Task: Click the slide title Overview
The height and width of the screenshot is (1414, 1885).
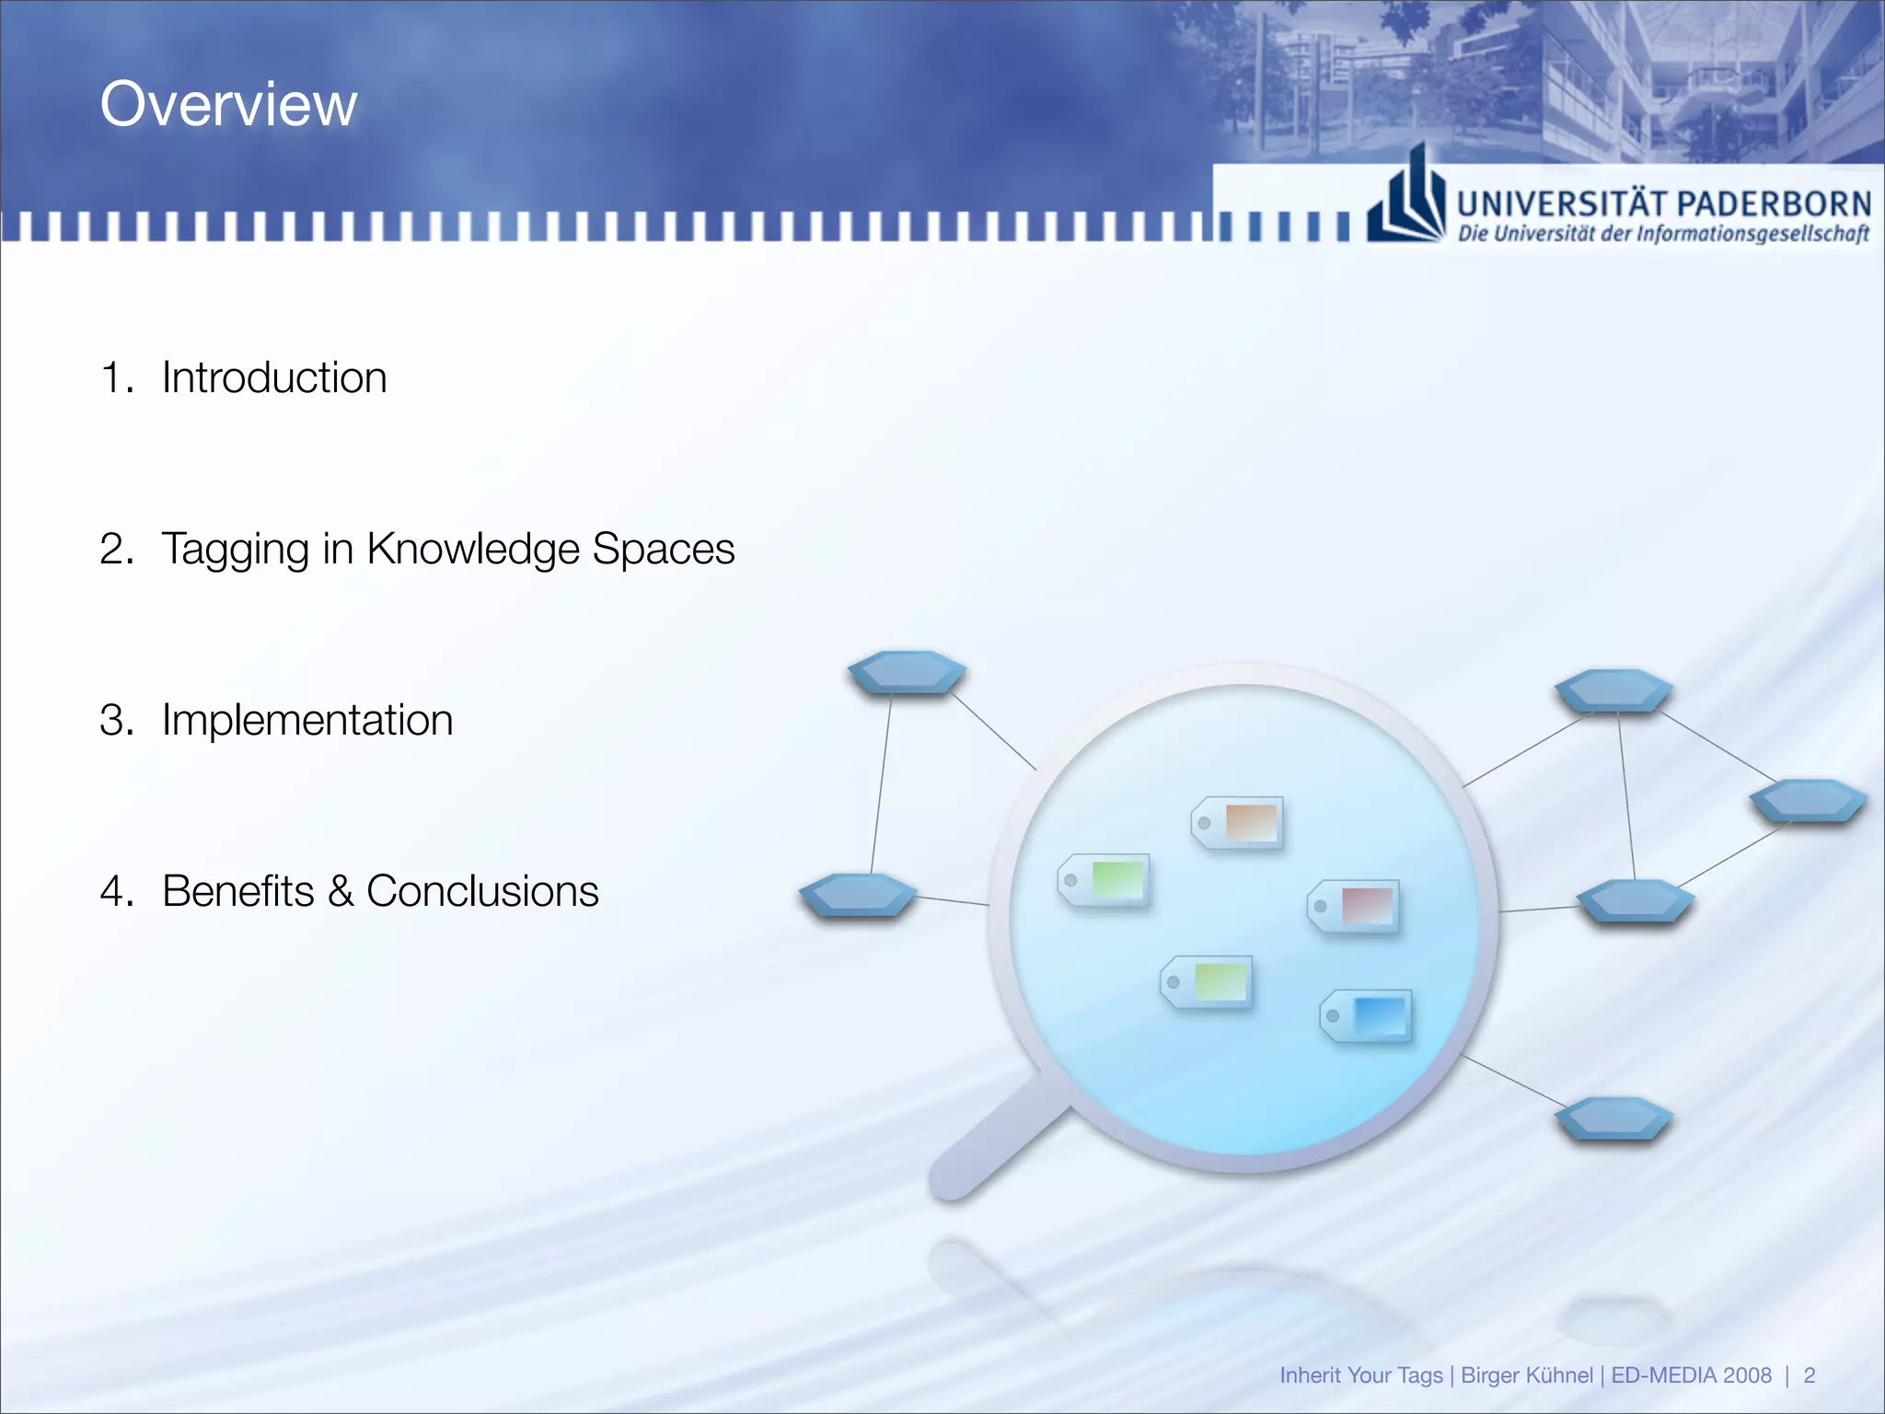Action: pos(228,104)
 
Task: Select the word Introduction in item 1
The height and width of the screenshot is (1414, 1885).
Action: pos(274,377)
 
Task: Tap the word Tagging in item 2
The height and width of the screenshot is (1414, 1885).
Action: pos(235,550)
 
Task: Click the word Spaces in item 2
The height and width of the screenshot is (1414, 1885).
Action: pos(663,549)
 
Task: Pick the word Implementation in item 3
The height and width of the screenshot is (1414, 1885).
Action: pos(307,720)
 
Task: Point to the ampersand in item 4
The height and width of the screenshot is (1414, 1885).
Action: pos(340,891)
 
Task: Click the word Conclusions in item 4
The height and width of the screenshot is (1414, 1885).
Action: pos(482,891)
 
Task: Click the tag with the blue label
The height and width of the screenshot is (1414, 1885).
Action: pos(1367,1016)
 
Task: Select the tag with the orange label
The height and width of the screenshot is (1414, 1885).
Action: pos(1238,822)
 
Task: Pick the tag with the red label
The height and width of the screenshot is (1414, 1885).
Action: pos(1354,906)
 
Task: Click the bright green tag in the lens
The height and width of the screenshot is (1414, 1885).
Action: pos(1104,880)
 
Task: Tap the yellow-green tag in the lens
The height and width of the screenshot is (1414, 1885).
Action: pos(1207,981)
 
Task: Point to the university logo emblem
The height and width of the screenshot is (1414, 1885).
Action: pos(1406,199)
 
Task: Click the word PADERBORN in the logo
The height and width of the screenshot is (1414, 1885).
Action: pos(1771,203)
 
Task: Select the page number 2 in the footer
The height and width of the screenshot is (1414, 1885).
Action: pos(1809,1375)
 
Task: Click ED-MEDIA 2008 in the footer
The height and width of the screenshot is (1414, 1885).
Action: pos(1691,1375)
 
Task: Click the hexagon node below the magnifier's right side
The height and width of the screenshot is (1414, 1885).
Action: pos(1613,1119)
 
